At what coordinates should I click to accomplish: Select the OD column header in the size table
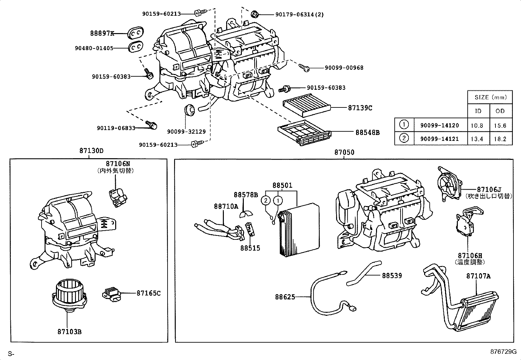coord(500,111)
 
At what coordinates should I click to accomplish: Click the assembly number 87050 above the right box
coord(344,152)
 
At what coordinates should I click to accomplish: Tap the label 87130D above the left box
coord(91,151)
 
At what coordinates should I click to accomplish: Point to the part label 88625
coord(285,297)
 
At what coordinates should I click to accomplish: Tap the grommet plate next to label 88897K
coord(135,33)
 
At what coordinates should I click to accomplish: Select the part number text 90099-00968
coord(344,68)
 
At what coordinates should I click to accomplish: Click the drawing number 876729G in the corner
coord(503,352)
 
